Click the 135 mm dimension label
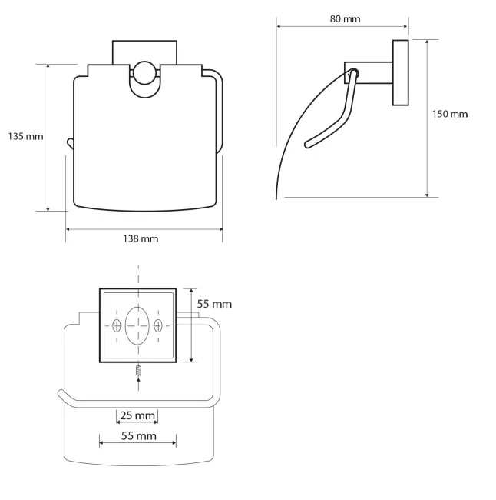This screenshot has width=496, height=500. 25,136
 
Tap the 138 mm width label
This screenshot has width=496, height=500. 141,238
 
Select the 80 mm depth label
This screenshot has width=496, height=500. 345,18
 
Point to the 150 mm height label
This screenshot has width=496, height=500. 450,114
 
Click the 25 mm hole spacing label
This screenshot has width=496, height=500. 137,415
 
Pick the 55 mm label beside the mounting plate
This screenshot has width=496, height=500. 214,304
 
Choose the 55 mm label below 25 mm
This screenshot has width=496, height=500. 139,436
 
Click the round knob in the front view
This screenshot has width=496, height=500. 144,73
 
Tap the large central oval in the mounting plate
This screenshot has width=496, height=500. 137,326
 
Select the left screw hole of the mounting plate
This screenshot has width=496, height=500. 117,326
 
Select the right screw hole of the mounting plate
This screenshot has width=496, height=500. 158,326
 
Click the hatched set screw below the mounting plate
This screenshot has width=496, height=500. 138,371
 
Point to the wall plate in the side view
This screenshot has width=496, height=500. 401,72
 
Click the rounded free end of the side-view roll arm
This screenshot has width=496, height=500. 308,145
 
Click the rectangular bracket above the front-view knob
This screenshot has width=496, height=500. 144,52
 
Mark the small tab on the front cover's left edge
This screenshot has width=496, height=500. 70,143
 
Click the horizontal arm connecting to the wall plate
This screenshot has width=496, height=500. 369,72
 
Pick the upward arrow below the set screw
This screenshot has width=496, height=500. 138,384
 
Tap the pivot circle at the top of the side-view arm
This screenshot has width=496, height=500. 353,73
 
